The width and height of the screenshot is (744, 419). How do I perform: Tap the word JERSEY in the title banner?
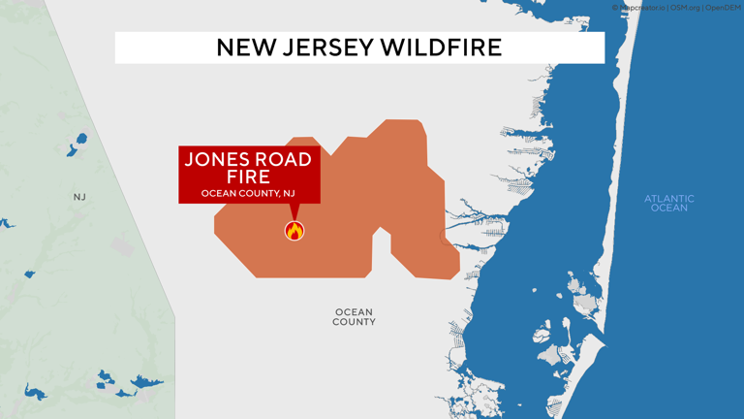(325, 48)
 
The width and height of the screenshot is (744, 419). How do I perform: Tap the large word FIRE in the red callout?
(248, 177)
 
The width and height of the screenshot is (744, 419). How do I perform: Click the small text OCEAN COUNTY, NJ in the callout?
(248, 194)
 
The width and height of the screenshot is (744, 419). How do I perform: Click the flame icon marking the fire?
(294, 231)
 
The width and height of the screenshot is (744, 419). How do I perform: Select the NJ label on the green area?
(79, 197)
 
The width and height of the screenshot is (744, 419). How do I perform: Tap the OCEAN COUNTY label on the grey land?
(354, 317)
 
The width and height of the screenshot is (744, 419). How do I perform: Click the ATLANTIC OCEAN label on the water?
(669, 204)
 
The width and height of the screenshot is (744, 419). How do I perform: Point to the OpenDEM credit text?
(723, 8)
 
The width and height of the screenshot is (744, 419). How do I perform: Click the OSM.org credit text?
(684, 8)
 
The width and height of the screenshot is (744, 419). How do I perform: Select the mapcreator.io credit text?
(642, 8)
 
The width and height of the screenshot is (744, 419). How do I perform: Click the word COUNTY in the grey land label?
(354, 322)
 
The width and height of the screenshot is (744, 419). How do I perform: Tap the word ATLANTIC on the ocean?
(669, 199)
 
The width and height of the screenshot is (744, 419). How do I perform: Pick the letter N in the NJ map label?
(77, 197)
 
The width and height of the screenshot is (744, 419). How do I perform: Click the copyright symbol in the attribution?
(615, 8)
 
